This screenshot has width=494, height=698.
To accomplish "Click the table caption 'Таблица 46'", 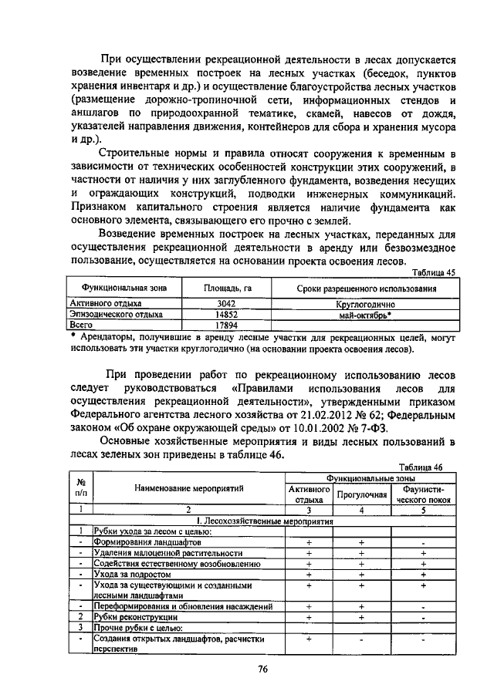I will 421,467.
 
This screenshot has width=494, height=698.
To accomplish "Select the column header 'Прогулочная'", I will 361,494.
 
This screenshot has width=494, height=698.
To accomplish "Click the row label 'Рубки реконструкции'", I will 136,617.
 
